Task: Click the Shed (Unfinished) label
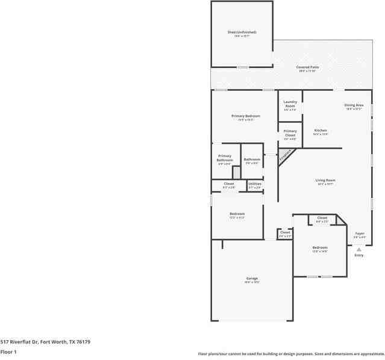(242, 32)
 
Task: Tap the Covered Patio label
(307, 67)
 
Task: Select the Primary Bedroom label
(246, 116)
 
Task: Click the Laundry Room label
(290, 104)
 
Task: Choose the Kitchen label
(321, 131)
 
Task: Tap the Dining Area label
(354, 105)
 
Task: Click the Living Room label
(325, 181)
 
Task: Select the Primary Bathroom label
(225, 159)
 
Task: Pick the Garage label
(252, 279)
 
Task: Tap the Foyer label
(359, 234)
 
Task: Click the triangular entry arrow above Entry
(358, 249)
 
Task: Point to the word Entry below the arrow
(358, 255)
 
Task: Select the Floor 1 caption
(8, 352)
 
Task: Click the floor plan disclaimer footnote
(291, 353)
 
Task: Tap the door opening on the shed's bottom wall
(242, 67)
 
